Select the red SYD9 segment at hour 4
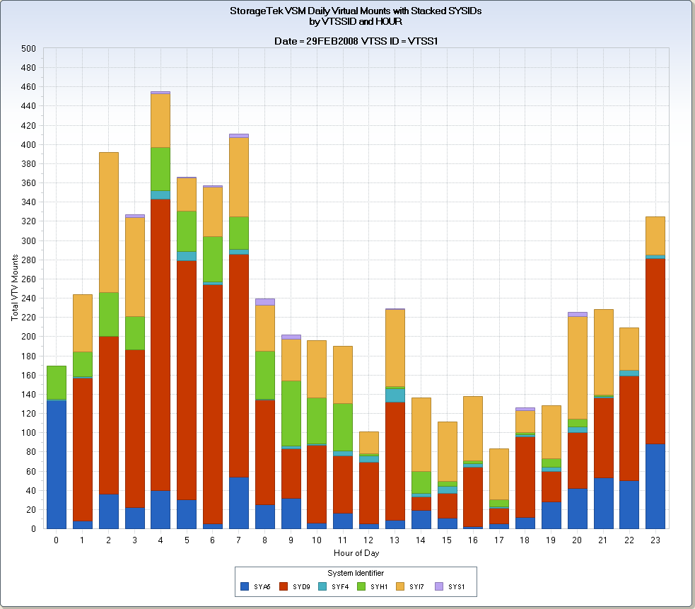click(160, 364)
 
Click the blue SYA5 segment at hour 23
click(655, 486)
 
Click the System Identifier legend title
click(356, 573)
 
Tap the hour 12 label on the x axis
click(369, 540)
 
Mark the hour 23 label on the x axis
click(655, 540)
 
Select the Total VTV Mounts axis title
click(15, 288)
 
